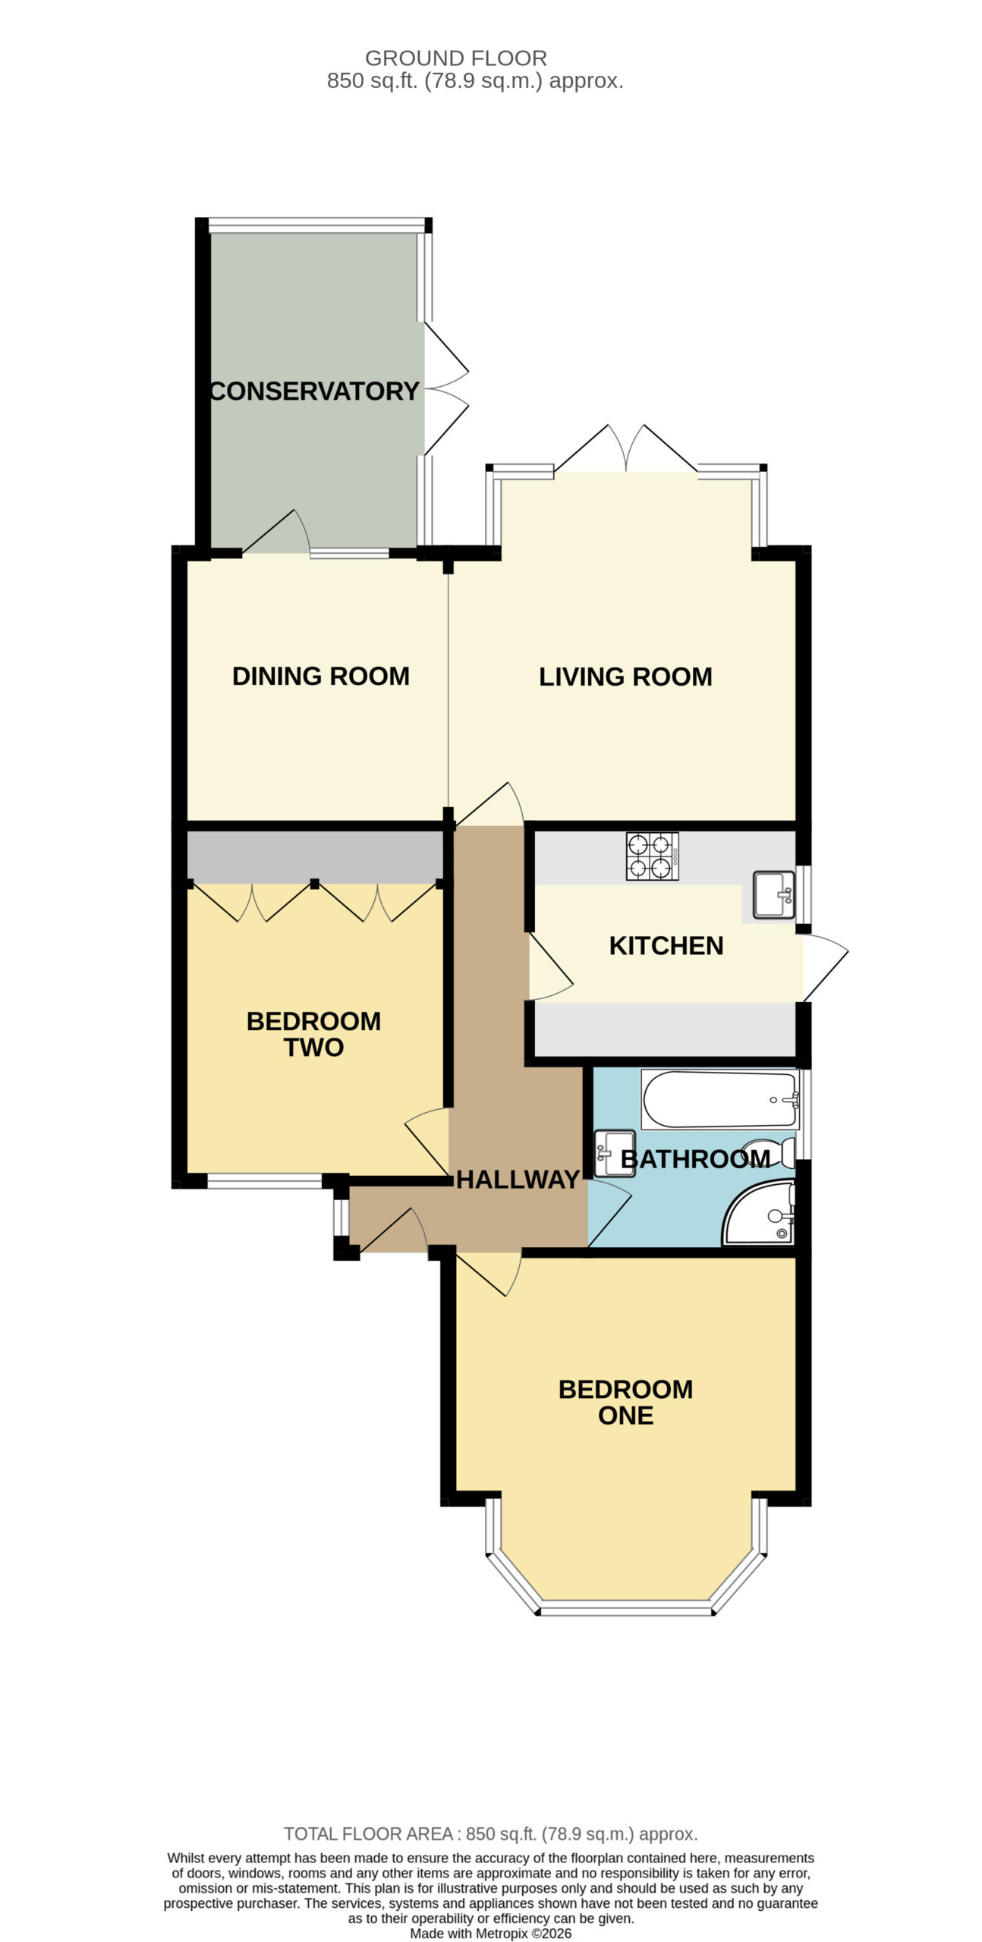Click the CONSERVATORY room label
pyautogui.click(x=314, y=391)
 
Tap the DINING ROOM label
pyautogui.click(x=321, y=676)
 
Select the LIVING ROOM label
pyautogui.click(x=625, y=677)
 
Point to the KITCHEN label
pyautogui.click(x=666, y=946)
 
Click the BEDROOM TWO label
pyautogui.click(x=313, y=1034)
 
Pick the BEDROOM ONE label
pyautogui.click(x=625, y=1402)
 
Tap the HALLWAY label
pyautogui.click(x=518, y=1180)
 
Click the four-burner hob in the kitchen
pyautogui.click(x=652, y=856)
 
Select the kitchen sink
pyautogui.click(x=774, y=894)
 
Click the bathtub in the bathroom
pyautogui.click(x=720, y=1099)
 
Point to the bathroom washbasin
pyautogui.click(x=614, y=1153)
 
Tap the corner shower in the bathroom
pyautogui.click(x=758, y=1212)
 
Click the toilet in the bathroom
pyautogui.click(x=768, y=1153)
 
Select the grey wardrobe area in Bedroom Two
pyautogui.click(x=315, y=856)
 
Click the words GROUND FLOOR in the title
pyautogui.click(x=456, y=58)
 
